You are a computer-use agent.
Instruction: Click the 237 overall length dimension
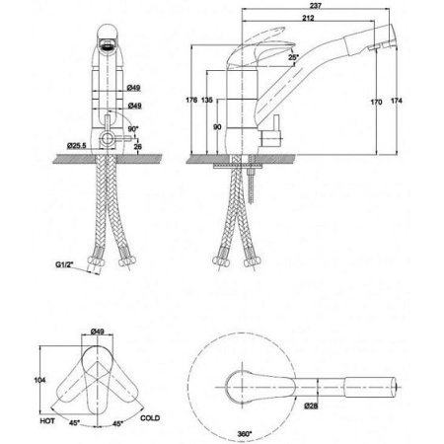pos(316,6)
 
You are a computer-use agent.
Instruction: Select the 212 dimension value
pos(308,18)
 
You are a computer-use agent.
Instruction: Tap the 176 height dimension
pos(191,100)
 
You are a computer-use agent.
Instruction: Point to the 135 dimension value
pos(207,100)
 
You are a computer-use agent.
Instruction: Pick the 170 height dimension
pos(376,102)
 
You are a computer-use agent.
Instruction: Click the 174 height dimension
pos(397,101)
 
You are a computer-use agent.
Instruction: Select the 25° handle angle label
pos(294,57)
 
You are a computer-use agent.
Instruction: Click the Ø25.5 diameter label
pos(76,145)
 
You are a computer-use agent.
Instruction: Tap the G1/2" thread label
pos(64,264)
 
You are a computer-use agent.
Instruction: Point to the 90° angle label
pos(133,129)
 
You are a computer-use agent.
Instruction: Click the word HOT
pos(47,421)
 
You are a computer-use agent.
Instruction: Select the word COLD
pos(150,418)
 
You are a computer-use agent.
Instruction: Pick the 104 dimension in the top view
pos(39,380)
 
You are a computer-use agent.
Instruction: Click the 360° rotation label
pos(245,434)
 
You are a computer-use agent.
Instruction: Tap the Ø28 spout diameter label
pos(311,407)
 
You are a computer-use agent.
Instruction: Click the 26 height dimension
pos(138,146)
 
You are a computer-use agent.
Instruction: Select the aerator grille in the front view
pos(108,44)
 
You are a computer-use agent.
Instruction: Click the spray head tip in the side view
pos(395,37)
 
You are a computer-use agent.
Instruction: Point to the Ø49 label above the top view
pos(97,332)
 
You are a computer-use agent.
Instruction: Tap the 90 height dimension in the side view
pos(217,127)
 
